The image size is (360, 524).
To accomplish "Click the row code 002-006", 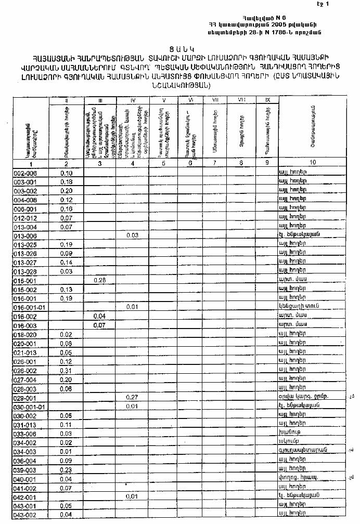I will click(x=25, y=173).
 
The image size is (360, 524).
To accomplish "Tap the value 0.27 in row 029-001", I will click(x=132, y=397).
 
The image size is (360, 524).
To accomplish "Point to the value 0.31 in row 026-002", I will click(x=66, y=371).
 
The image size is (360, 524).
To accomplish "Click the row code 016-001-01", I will click(x=30, y=307).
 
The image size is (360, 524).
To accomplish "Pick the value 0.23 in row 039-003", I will click(x=66, y=469).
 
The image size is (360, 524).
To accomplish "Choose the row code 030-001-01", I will click(x=30, y=407).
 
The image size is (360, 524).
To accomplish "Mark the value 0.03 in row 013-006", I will click(x=132, y=235).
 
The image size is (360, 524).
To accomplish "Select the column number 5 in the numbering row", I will click(x=164, y=163).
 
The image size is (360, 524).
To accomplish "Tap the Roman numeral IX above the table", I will click(x=267, y=99).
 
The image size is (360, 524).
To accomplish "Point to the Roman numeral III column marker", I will click(x=99, y=99).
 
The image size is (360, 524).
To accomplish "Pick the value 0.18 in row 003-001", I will click(x=66, y=182).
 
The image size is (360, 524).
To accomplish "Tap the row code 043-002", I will click(x=25, y=515).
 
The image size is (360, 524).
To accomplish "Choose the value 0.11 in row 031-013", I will click(x=66, y=424).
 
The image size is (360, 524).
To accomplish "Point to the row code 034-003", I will click(x=25, y=451).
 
